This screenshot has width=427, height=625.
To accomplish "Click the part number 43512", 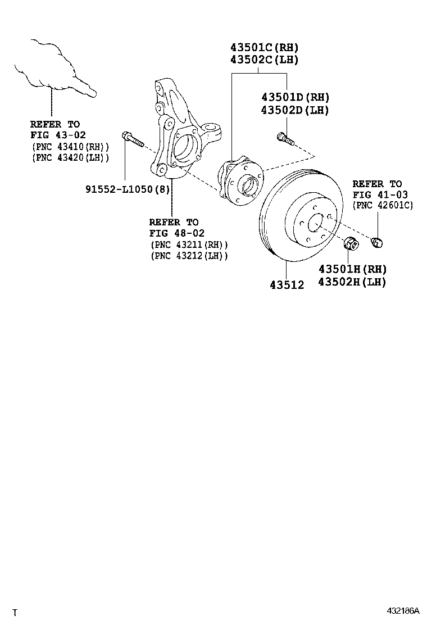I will (x=287, y=285).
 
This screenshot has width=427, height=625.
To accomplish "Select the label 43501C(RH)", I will (x=264, y=47).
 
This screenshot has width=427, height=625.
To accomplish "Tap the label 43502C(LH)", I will (x=264, y=60).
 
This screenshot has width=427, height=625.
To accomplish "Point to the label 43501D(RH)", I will (x=294, y=97).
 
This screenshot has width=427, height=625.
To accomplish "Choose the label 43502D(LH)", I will (x=294, y=110).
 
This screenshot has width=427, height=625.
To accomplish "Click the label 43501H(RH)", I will (x=352, y=269).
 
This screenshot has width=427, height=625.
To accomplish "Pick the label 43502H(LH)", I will (x=352, y=282).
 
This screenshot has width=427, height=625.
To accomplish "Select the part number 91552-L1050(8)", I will (x=127, y=189).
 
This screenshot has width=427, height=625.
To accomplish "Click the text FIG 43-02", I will (x=55, y=135).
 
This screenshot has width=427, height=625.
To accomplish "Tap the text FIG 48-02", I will (x=176, y=233).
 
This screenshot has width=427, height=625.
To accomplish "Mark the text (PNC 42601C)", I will (x=383, y=206).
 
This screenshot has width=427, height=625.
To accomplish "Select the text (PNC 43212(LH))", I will (x=189, y=256).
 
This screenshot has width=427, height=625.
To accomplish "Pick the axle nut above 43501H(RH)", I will (x=350, y=245).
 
